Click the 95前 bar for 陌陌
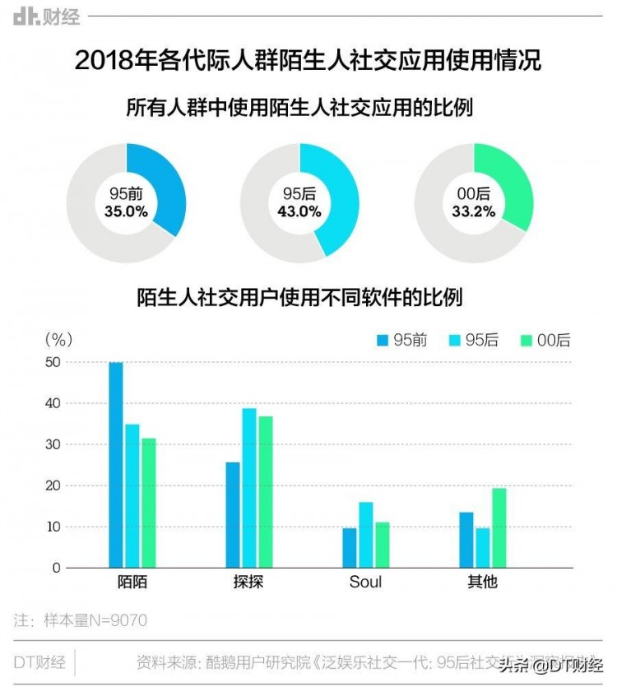[116, 465]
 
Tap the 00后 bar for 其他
[499, 527]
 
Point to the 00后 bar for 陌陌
[148, 503]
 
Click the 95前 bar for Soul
[350, 547]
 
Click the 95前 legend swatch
[382, 341]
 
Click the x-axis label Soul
[365, 582]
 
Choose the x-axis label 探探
[248, 582]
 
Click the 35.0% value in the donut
[126, 211]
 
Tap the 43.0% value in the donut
[299, 211]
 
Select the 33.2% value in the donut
[473, 211]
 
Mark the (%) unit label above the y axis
[58, 338]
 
